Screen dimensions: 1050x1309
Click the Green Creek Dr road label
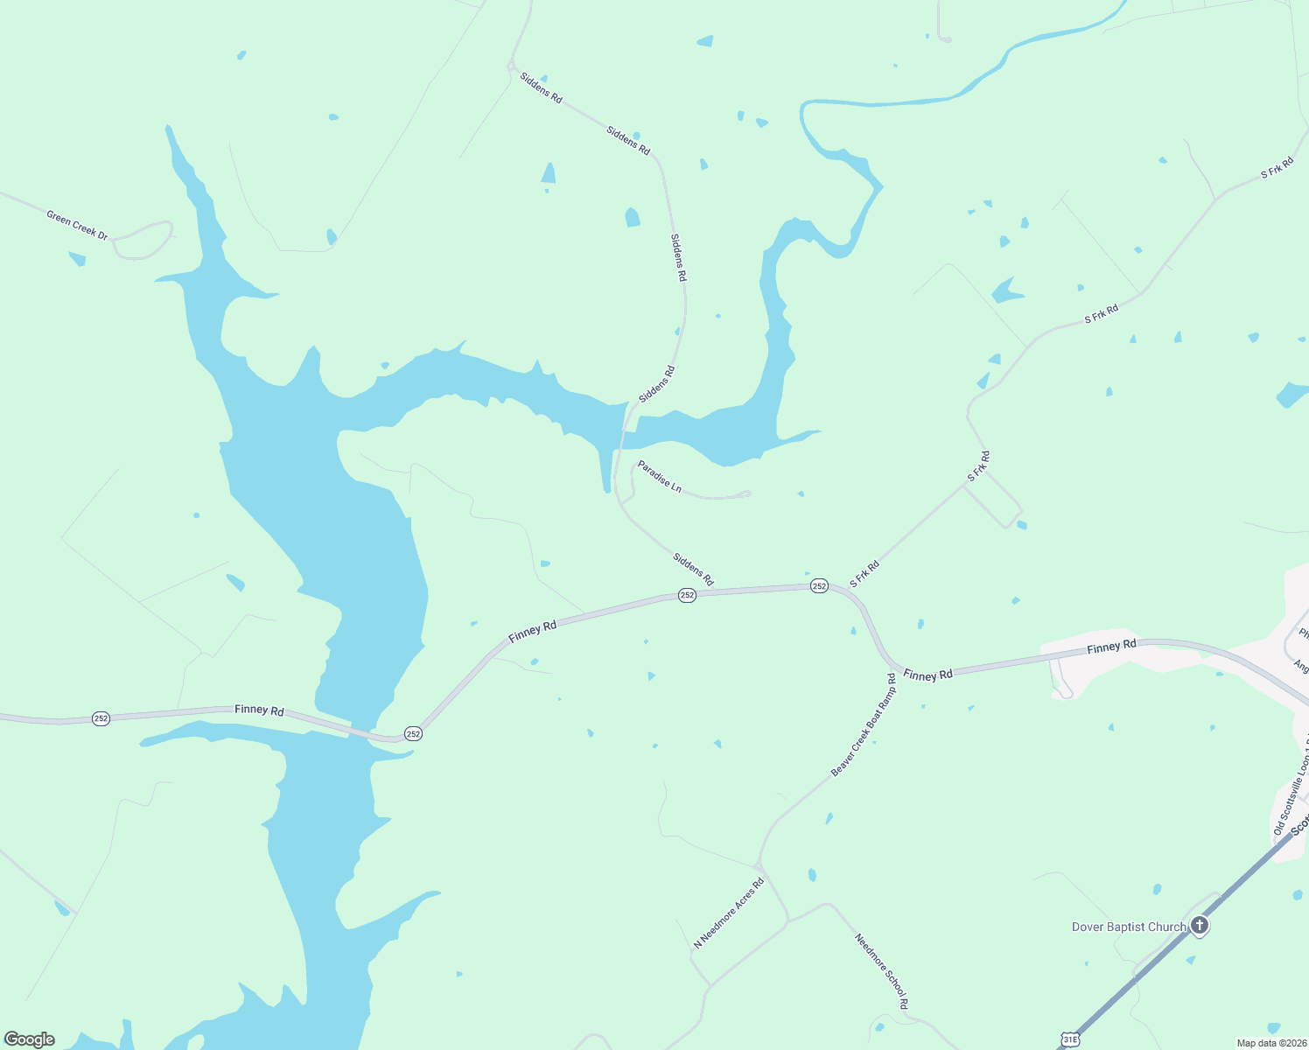[78, 225]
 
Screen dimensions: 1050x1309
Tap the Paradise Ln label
[659, 476]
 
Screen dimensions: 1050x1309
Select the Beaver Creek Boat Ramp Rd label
[864, 724]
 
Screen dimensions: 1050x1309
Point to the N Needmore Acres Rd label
[729, 913]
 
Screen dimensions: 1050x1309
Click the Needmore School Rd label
[882, 972]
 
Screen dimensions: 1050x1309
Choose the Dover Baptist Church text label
[1129, 927]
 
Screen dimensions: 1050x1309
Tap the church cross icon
[1199, 925]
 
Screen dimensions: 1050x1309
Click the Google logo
[30, 1039]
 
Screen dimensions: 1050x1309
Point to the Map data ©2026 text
[1270, 1043]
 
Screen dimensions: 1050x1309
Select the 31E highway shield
[1069, 1039]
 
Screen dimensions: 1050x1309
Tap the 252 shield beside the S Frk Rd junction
[819, 586]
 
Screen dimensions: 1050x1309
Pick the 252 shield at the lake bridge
[413, 733]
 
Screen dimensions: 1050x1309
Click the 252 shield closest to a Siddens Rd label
[687, 595]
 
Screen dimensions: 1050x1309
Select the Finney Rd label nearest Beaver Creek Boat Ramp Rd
[927, 675]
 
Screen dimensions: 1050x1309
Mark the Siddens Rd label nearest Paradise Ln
[693, 569]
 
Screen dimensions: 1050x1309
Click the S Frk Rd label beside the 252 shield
[864, 574]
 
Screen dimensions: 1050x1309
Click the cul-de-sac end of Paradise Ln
[746, 493]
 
